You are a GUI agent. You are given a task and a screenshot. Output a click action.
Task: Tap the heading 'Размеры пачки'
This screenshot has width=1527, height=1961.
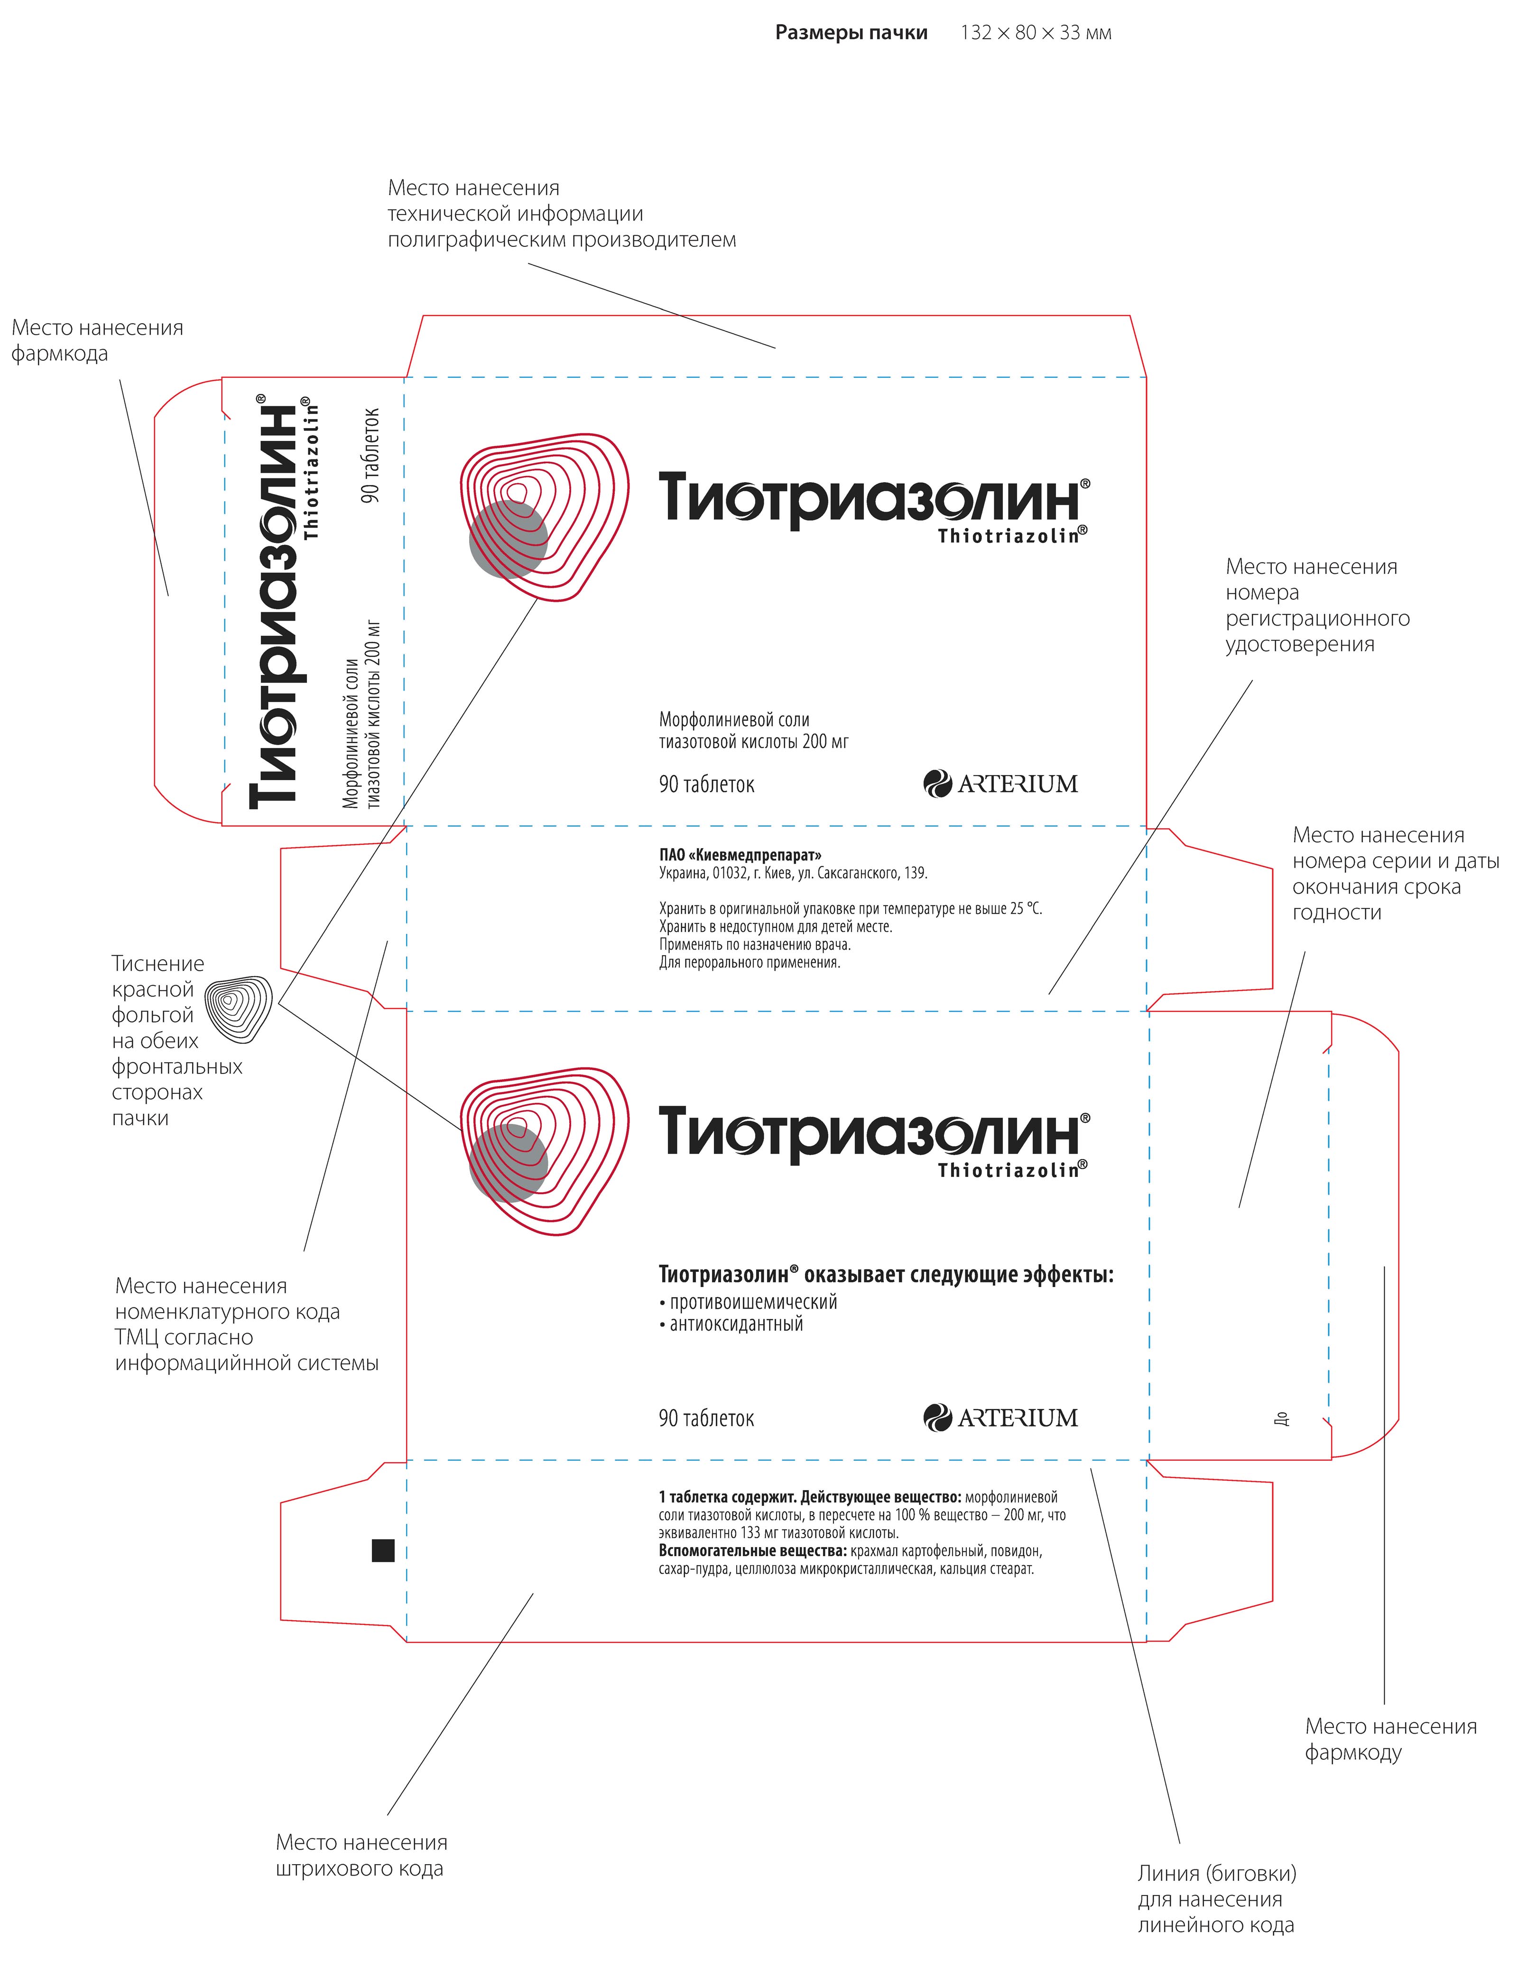tap(850, 33)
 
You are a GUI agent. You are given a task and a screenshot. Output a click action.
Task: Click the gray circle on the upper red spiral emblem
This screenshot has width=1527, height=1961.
tap(508, 539)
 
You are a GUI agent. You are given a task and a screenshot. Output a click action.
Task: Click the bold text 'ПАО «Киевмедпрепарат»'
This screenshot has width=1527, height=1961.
tap(740, 855)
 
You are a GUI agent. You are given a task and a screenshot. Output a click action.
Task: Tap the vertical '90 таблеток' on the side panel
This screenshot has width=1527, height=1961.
tap(371, 455)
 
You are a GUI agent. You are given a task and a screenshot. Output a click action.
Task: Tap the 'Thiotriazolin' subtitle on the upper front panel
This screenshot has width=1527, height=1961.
tap(1012, 536)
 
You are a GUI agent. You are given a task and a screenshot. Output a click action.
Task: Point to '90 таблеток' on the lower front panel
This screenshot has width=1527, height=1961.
tap(706, 1419)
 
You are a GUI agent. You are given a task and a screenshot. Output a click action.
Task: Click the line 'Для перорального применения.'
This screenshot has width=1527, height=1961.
tap(750, 962)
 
